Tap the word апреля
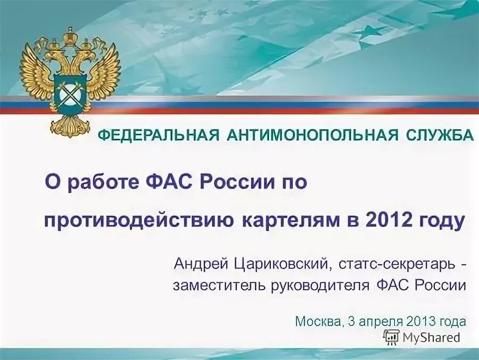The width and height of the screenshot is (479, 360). point(382,321)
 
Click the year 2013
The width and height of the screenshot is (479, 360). point(422,321)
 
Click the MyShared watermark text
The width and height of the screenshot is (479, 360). point(431,337)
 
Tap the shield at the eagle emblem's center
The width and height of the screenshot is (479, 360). point(70,93)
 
